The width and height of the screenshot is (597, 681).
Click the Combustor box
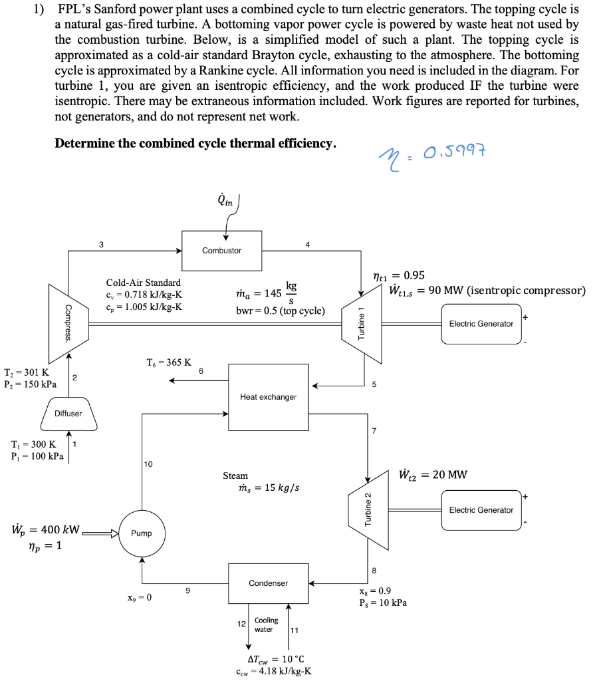(221, 251)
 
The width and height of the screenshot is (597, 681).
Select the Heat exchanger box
(269, 397)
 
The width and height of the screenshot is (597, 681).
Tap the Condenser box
(269, 583)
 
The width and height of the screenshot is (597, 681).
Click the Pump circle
(142, 533)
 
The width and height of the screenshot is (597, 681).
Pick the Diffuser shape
(68, 414)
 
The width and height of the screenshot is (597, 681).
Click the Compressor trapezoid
(68, 324)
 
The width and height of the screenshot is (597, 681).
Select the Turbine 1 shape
(362, 324)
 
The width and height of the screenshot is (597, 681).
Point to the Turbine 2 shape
(368, 510)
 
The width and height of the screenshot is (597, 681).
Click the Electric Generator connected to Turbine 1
(481, 324)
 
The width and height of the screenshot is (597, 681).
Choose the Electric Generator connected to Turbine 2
(481, 510)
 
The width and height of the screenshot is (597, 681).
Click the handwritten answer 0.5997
(453, 152)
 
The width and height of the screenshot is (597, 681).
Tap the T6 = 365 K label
(169, 362)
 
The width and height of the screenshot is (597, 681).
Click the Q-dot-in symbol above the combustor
(225, 200)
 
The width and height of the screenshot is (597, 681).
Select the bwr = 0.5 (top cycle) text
(281, 311)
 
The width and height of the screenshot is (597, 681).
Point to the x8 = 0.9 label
(375, 591)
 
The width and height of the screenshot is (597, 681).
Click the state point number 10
(148, 464)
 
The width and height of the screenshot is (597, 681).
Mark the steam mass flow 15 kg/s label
(269, 487)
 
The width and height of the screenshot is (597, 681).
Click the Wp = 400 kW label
(46, 529)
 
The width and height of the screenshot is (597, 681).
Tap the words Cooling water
(266, 624)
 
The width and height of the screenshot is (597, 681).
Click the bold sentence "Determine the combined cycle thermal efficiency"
(195, 144)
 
